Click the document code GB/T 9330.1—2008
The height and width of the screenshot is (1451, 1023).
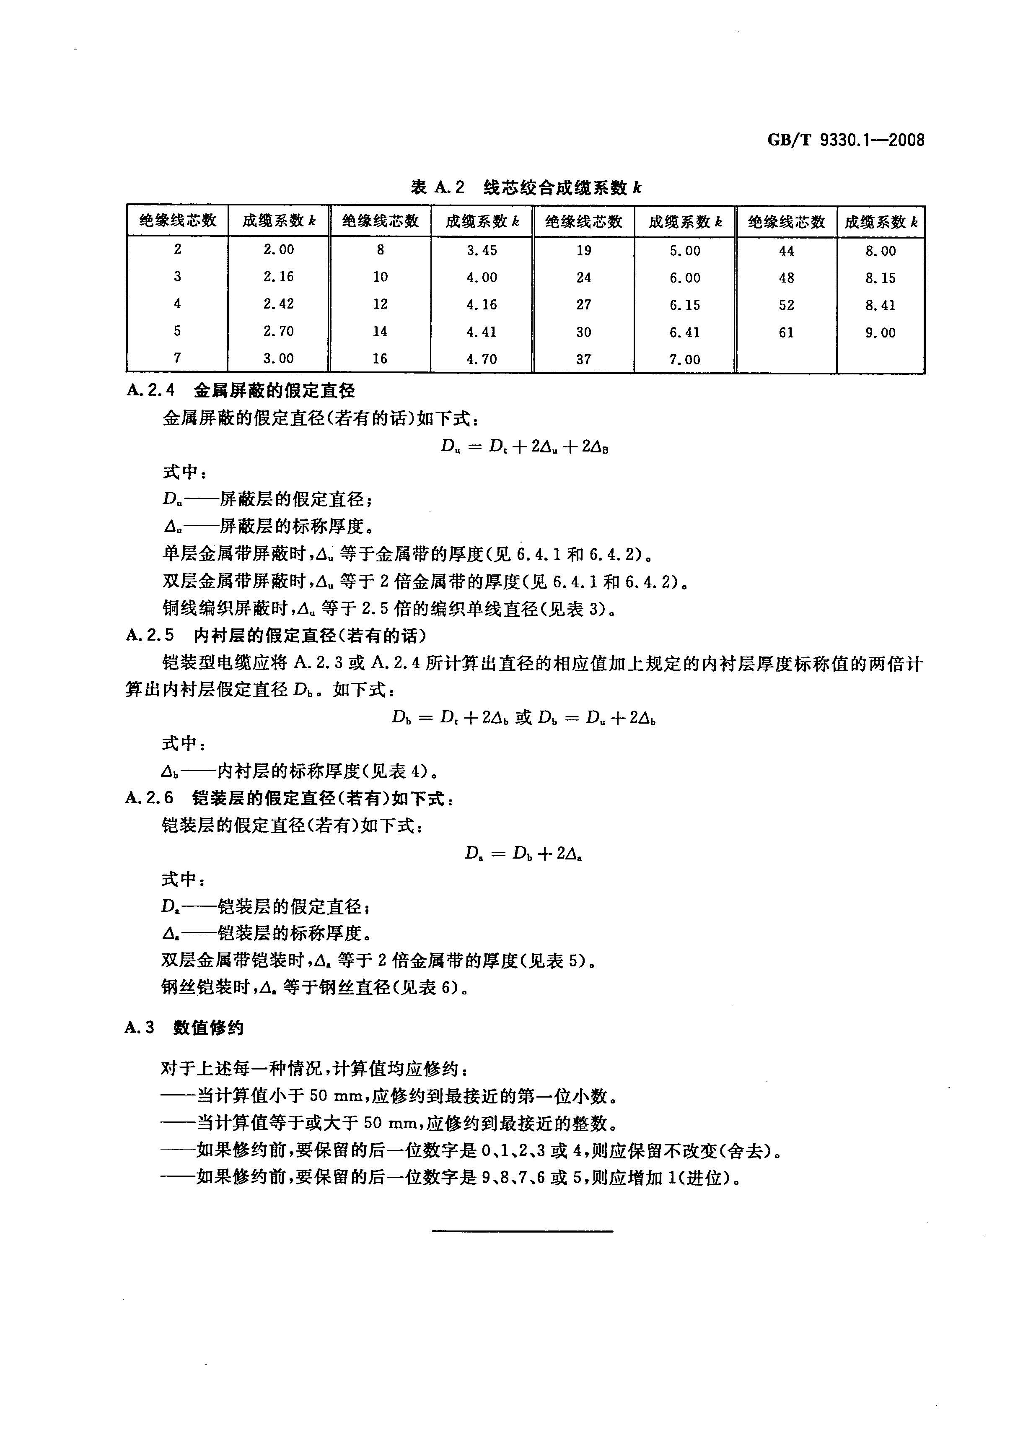[845, 140]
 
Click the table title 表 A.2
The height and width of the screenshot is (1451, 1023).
[437, 188]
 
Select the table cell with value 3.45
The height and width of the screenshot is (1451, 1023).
[482, 250]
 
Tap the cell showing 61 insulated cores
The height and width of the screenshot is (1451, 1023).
[786, 332]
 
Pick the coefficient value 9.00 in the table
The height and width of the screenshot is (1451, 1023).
[880, 332]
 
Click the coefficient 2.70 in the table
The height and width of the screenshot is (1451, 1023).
[279, 330]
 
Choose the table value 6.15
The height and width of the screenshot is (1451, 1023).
[685, 305]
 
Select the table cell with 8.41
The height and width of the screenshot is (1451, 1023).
[880, 305]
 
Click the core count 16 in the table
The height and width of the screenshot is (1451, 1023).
[380, 358]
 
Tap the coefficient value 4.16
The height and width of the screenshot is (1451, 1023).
[482, 305]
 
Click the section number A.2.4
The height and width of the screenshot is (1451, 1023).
[150, 391]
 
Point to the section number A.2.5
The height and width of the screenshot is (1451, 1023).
[150, 635]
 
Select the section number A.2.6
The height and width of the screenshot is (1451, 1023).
[149, 798]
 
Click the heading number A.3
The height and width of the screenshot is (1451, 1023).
[140, 1028]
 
